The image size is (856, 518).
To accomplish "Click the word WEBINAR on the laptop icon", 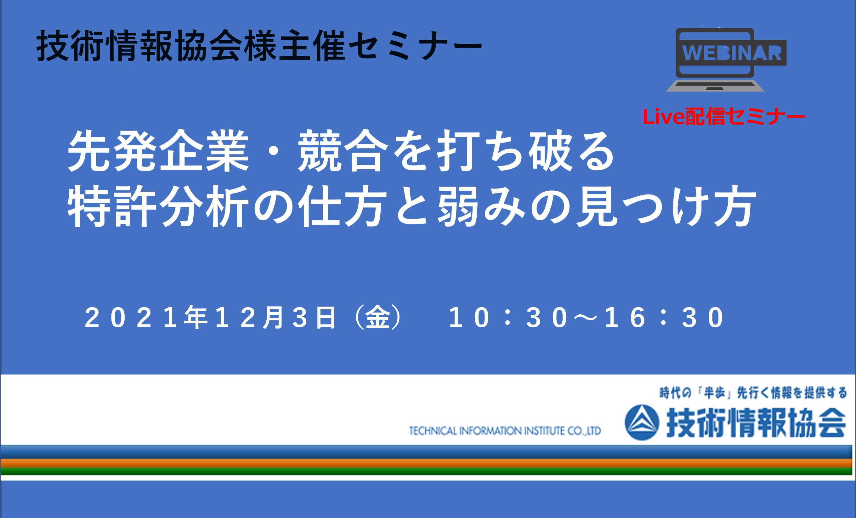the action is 732,53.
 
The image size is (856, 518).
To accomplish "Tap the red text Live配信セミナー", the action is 724,116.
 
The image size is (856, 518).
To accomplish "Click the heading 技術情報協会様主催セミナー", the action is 259,46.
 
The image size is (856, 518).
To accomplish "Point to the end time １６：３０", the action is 664,317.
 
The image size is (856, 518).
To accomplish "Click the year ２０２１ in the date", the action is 131,317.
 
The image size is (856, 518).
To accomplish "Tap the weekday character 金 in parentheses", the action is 377,317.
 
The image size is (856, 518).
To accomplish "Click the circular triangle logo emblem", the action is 642,422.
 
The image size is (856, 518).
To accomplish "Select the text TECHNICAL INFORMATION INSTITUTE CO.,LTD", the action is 505,431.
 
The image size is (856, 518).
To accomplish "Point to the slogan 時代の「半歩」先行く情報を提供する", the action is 753,393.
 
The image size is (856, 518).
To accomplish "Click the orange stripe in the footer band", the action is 427,463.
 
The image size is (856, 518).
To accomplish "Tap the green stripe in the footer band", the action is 427,471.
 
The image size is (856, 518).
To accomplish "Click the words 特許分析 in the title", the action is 158,206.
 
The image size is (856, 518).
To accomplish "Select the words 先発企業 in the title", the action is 158,151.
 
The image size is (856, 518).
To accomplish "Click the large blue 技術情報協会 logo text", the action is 756,423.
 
